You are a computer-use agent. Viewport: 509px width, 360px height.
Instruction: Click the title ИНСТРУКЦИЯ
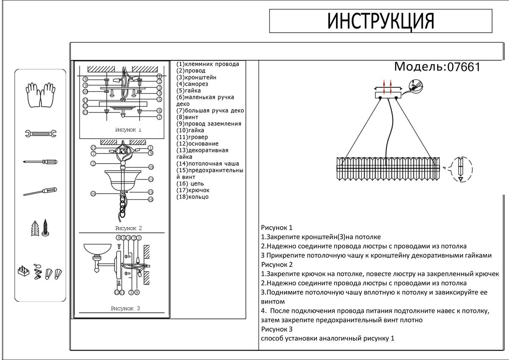coord(380,21)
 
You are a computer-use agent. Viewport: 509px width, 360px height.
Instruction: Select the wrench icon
coord(40,134)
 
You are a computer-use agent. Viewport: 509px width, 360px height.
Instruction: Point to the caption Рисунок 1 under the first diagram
coord(128,130)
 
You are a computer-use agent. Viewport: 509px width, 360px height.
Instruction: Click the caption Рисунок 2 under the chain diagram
coord(128,228)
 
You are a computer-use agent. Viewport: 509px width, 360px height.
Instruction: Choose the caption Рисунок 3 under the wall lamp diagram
coord(125,309)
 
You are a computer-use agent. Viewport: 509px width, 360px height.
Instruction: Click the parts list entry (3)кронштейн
coord(196,77)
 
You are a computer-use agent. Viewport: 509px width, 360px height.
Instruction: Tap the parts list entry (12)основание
coord(198,143)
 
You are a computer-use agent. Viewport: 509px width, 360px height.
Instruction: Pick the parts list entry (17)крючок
coord(193,190)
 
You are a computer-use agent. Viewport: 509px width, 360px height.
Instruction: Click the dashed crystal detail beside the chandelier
coord(461,170)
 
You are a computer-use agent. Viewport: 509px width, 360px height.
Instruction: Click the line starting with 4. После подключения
coord(375,311)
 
